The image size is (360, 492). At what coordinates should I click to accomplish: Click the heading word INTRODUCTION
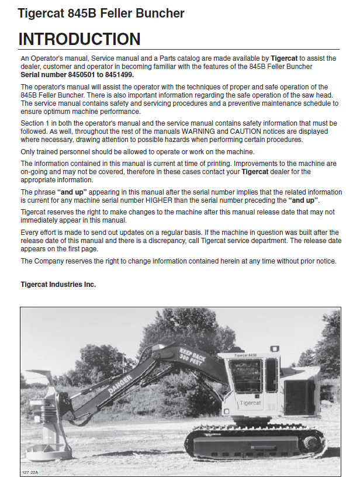(x=79, y=39)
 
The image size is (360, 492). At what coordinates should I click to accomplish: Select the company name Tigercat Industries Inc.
(x=58, y=285)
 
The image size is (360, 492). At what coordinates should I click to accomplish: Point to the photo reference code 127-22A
(x=30, y=472)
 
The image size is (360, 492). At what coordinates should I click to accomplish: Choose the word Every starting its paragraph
(x=30, y=233)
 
